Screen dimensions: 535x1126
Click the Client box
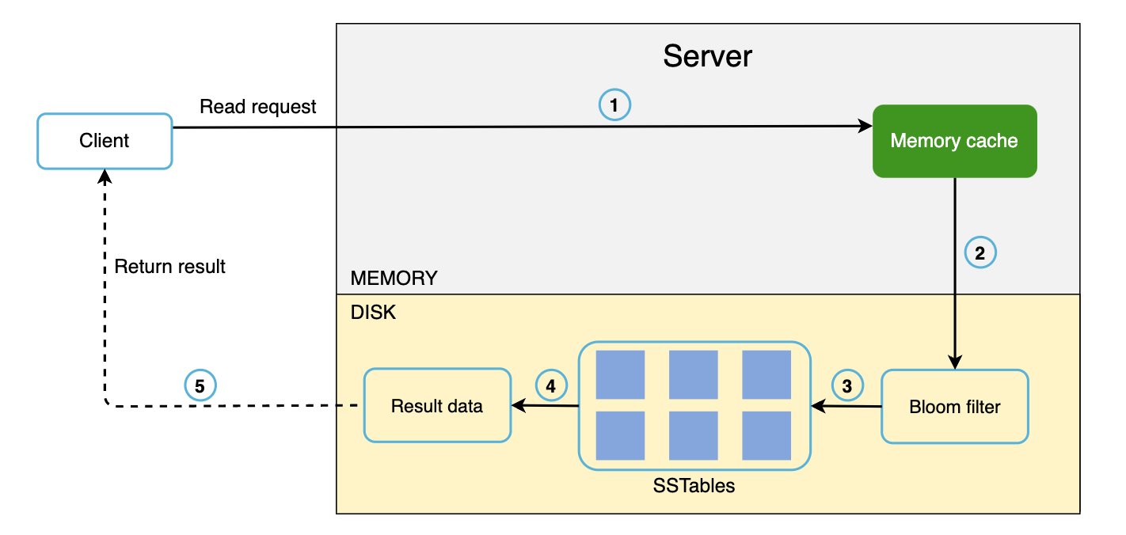point(105,141)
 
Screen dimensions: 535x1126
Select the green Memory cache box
point(954,141)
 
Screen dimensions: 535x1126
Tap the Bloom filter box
point(954,407)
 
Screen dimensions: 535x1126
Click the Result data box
point(437,405)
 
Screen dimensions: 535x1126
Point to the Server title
point(707,56)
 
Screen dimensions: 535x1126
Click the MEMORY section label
point(394,279)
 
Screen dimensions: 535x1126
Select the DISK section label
point(373,313)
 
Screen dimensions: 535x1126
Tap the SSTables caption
point(694,486)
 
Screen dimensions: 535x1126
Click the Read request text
point(258,107)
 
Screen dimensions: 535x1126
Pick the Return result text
point(169,267)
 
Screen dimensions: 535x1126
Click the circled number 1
point(615,104)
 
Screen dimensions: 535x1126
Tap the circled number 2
point(980,253)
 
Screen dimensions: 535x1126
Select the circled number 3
point(847,385)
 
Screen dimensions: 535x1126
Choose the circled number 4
point(551,385)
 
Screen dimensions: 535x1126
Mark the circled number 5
point(200,386)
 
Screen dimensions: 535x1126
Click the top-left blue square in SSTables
point(620,374)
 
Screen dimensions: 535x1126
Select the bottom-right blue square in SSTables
point(766,435)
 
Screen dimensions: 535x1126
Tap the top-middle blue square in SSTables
point(693,374)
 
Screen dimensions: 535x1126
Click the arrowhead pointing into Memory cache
point(865,126)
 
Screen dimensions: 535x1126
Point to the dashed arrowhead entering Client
point(105,176)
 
